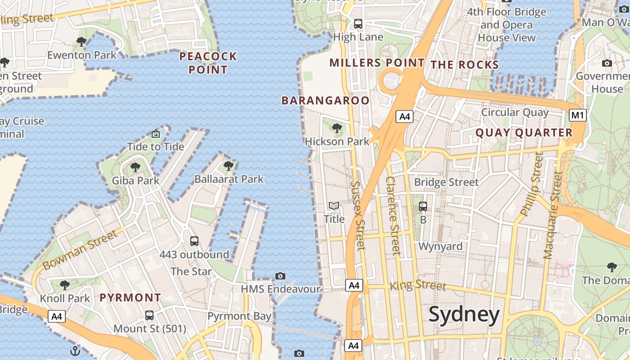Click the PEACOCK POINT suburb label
coord(208,63)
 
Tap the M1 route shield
coord(577,116)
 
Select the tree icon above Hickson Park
coord(337,129)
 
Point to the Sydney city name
coord(463,314)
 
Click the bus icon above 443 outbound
coord(194,241)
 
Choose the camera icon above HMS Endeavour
coord(280,276)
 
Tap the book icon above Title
coord(334,206)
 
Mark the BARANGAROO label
coord(325,100)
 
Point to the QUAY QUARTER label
coord(524,133)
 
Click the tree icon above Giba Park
coord(135,168)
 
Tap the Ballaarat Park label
coord(229,179)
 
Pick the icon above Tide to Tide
coord(156,134)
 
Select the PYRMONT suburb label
coord(130,297)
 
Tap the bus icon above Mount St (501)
coord(149,315)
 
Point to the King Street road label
coord(418,285)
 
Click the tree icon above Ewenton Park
coord(81,42)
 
